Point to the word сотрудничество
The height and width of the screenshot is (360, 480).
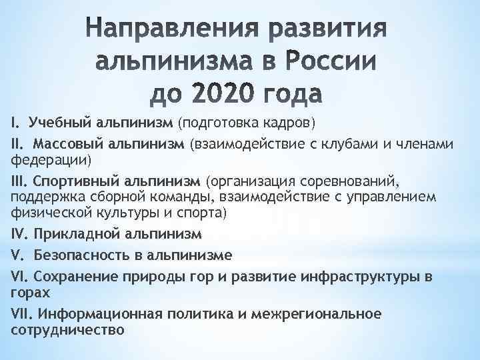click(x=67, y=330)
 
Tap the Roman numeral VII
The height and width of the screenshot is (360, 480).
click(x=22, y=314)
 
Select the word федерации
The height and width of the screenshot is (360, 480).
click(x=47, y=161)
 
